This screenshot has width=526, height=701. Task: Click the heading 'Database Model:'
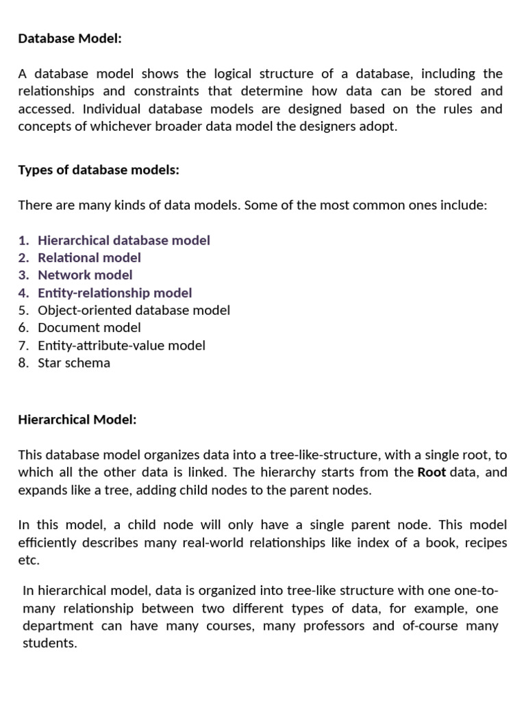[70, 39]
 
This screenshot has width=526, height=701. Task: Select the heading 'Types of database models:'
[99, 170]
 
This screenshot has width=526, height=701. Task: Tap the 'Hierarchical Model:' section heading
[77, 420]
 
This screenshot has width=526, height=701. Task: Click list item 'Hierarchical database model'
[124, 240]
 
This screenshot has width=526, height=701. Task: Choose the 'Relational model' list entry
[89, 257]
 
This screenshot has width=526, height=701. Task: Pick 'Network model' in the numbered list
[85, 275]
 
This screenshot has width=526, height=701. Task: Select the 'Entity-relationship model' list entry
[115, 293]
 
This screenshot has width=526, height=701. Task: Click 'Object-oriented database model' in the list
[134, 310]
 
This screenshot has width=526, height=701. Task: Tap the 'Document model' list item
[89, 328]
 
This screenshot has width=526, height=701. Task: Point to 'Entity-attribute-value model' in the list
[121, 346]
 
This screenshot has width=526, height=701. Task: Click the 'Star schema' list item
[74, 363]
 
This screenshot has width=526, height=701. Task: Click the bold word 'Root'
[431, 472]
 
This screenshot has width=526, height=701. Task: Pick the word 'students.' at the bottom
[50, 643]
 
